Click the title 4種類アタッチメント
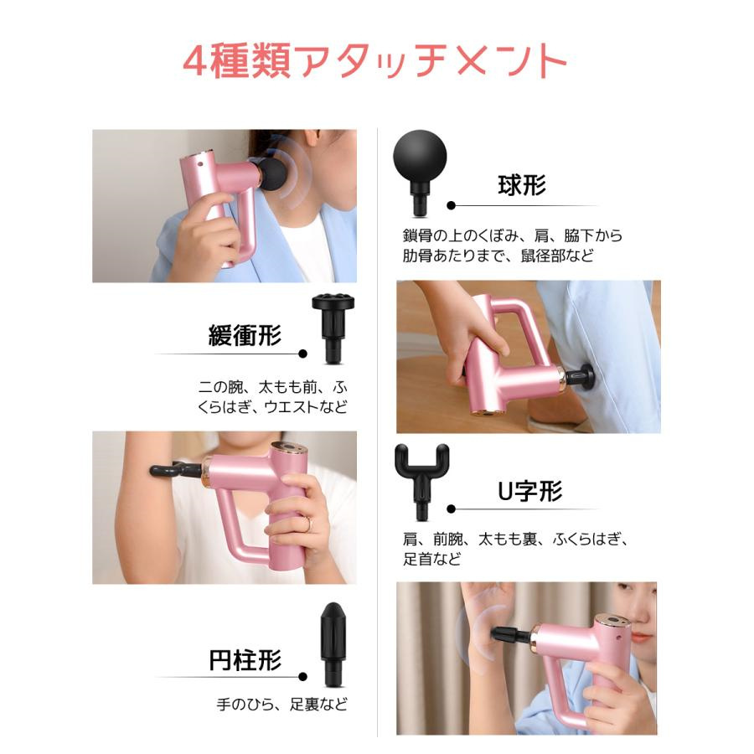pyautogui.click(x=375, y=60)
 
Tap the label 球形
pyautogui.click(x=522, y=185)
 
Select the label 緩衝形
pyautogui.click(x=245, y=335)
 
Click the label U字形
pyautogui.click(x=530, y=491)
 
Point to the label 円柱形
pyautogui.click(x=245, y=660)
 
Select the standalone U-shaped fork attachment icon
pyautogui.click(x=421, y=482)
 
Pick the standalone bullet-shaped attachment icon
pyautogui.click(x=333, y=644)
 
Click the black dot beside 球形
pyautogui.click(x=451, y=205)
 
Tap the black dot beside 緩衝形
pyautogui.click(x=302, y=354)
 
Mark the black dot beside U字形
pyautogui.click(x=451, y=509)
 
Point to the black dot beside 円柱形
pyautogui.click(x=302, y=677)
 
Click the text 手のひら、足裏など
pyautogui.click(x=281, y=705)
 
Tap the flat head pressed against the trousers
pyautogui.click(x=587, y=375)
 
